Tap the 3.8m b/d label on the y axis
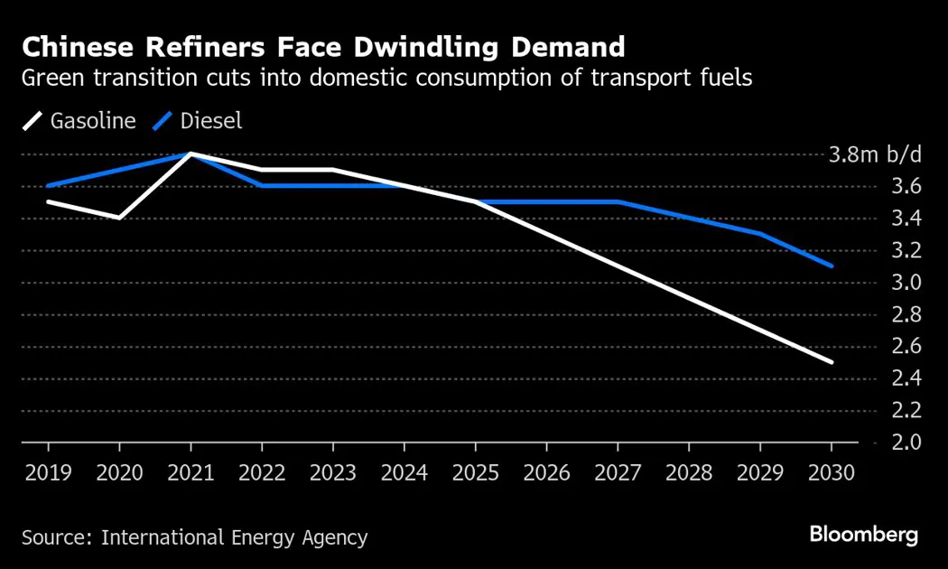(x=875, y=154)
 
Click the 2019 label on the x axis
(x=48, y=472)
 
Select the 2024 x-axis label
(x=404, y=472)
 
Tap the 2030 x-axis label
(x=831, y=472)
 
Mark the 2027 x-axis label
(x=618, y=472)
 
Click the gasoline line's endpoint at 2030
(x=831, y=362)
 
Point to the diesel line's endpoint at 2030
(x=831, y=266)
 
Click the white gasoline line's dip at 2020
(x=119, y=218)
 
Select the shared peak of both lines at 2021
(x=191, y=154)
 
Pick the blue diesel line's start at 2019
(x=48, y=186)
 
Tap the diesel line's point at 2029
(x=759, y=234)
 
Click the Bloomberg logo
(x=863, y=535)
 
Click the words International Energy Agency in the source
(x=234, y=537)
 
